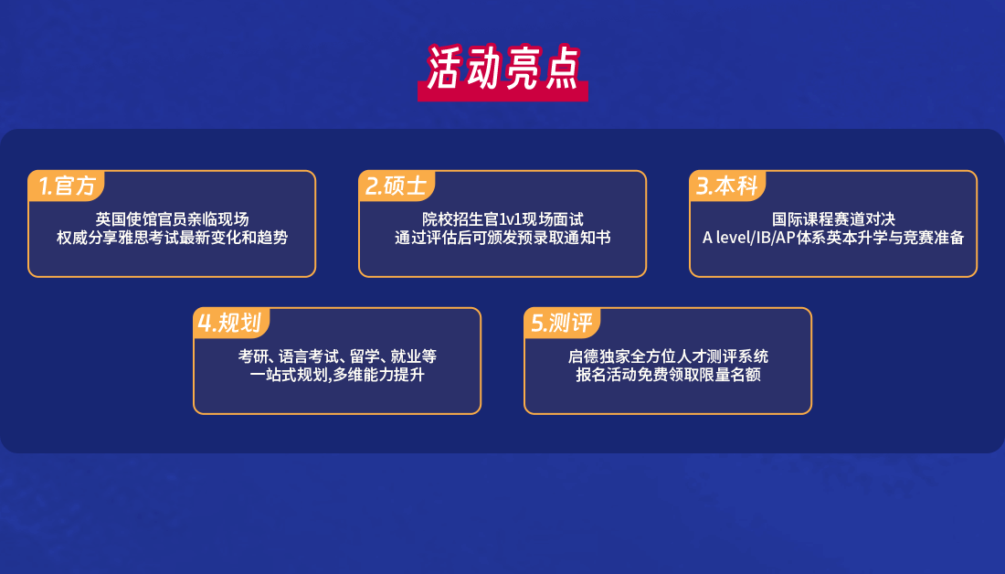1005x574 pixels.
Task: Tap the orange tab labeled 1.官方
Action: [66, 186]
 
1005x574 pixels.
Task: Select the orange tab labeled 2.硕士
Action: [397, 186]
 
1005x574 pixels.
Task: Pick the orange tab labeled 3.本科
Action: [727, 186]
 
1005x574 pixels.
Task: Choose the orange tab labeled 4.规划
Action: [231, 324]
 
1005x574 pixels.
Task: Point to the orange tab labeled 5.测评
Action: [562, 324]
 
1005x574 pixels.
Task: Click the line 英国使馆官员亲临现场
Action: [172, 219]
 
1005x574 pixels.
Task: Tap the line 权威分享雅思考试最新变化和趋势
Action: [172, 238]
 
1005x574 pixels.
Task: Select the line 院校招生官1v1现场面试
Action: [503, 219]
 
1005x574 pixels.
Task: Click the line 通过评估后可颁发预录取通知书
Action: [503, 238]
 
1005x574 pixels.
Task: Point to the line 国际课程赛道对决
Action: [833, 219]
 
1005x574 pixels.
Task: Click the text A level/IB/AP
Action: [748, 238]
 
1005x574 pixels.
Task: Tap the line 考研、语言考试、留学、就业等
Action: [337, 356]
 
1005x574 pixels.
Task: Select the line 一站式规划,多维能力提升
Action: [337, 375]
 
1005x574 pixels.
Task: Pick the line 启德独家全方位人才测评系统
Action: [668, 356]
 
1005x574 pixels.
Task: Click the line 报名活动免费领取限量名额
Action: [668, 375]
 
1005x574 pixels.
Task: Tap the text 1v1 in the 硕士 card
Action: [510, 220]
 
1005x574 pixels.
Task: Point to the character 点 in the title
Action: [562, 68]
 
